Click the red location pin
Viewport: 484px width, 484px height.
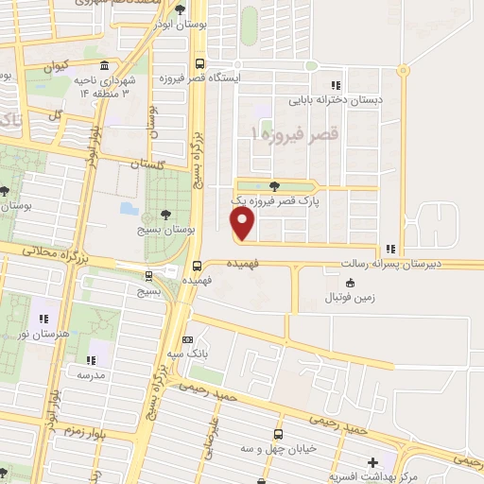(x=244, y=223)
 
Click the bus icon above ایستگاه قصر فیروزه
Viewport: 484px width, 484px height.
(x=199, y=64)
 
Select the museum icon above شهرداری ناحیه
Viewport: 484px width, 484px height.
(x=103, y=67)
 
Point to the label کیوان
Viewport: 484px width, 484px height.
(x=54, y=68)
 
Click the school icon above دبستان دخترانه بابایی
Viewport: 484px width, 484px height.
(x=337, y=86)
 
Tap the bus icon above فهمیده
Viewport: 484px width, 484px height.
(x=198, y=266)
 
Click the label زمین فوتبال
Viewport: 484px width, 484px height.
(x=352, y=298)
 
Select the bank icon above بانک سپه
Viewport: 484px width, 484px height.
(x=187, y=339)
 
